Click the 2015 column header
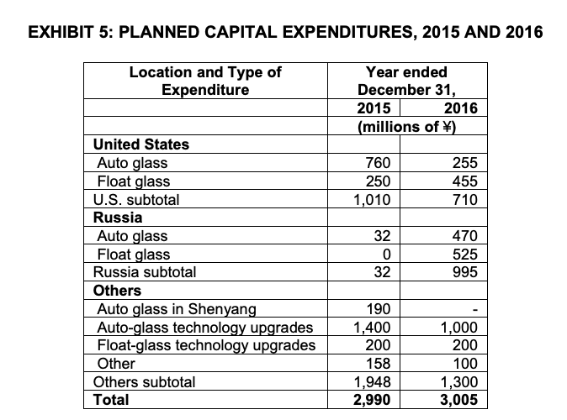374,108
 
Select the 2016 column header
460,108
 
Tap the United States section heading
141,144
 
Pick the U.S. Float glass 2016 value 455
464,181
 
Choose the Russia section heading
118,217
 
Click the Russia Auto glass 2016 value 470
464,236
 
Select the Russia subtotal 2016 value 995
464,272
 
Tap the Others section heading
118,291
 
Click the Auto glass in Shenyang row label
177,309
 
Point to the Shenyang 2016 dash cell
474,310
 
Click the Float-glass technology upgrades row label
207,345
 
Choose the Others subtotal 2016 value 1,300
458,382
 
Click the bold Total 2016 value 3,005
458,400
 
